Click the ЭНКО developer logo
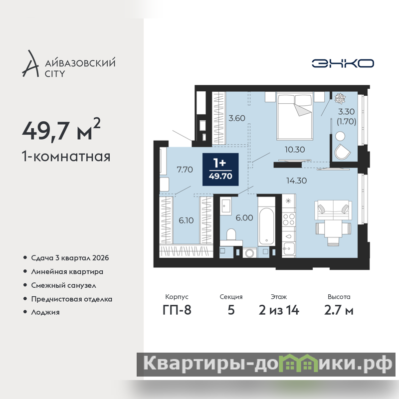[343, 63]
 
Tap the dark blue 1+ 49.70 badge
[220, 169]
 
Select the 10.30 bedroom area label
[295, 149]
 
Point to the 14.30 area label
[296, 181]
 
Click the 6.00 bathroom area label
[244, 218]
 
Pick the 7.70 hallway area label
[185, 170]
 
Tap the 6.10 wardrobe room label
[186, 220]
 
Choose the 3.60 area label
[236, 118]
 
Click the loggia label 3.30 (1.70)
[346, 116]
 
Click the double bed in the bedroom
[295, 116]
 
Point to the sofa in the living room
[333, 210]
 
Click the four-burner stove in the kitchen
[289, 219]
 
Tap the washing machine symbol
[250, 253]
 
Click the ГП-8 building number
[177, 310]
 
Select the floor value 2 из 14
[279, 310]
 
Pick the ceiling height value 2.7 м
[339, 310]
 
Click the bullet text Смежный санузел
[64, 285]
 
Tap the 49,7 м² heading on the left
[61, 130]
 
